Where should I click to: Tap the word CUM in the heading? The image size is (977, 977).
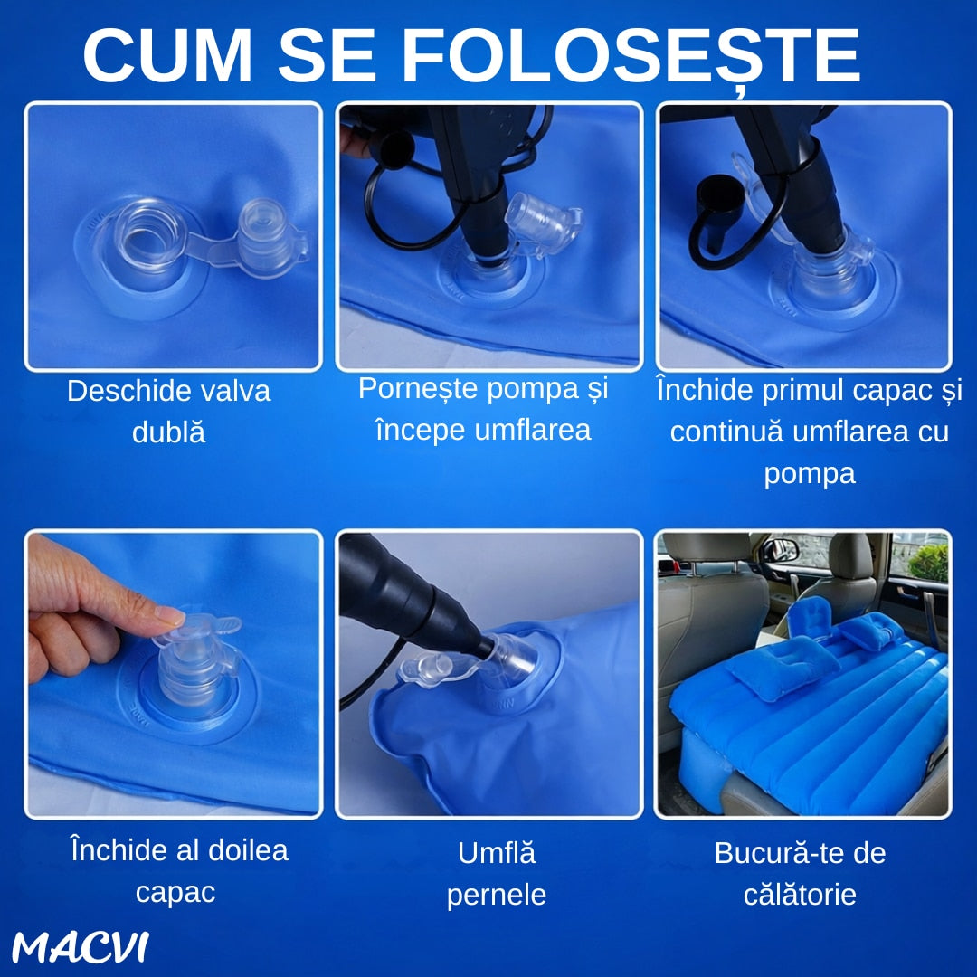click(168, 55)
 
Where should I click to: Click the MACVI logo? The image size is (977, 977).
click(81, 947)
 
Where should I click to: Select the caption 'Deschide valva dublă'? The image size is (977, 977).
click(169, 412)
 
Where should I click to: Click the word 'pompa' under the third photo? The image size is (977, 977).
click(810, 473)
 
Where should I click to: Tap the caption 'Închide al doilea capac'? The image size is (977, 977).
click(179, 871)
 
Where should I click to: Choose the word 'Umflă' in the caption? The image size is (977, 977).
click(497, 852)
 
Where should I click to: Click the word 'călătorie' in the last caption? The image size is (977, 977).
click(800, 895)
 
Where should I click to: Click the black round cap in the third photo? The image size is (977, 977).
click(720, 194)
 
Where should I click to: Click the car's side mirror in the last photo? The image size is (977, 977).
click(780, 550)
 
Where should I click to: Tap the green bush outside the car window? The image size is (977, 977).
click(928, 562)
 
